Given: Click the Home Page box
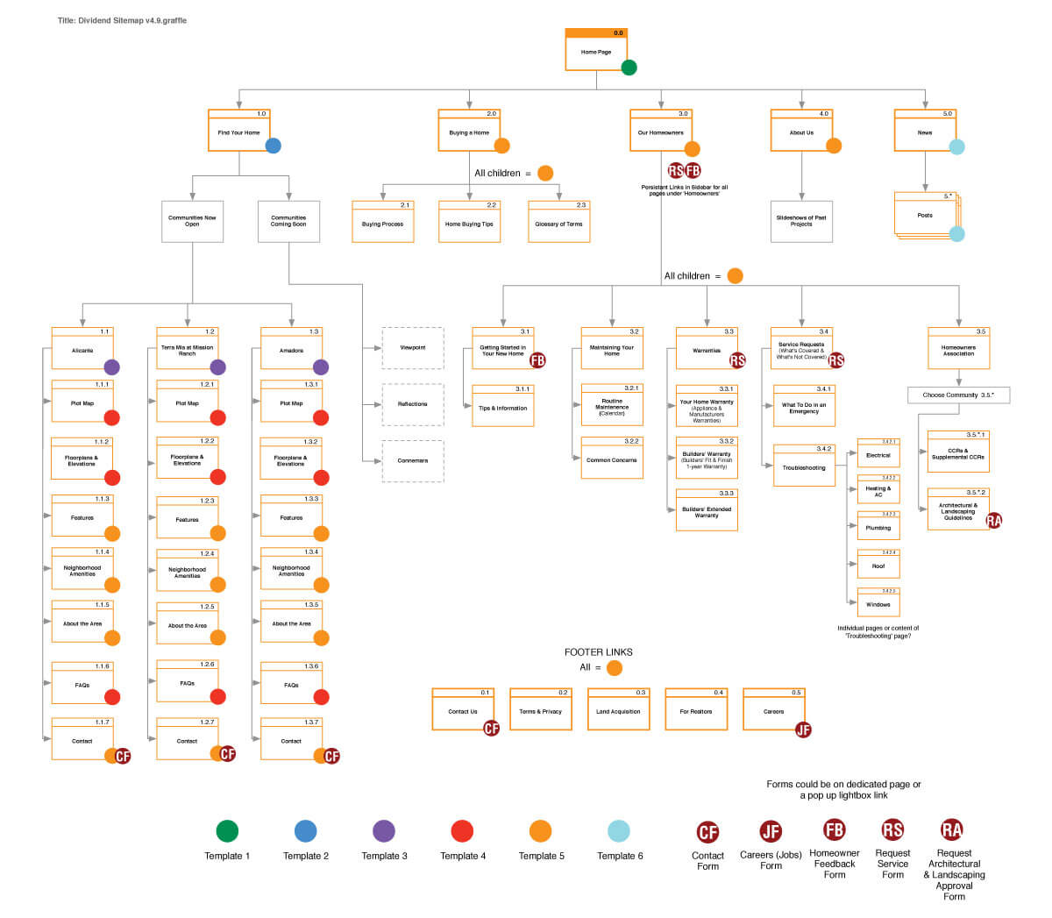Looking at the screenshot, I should [x=596, y=51].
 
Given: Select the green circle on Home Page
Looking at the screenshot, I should [x=629, y=68].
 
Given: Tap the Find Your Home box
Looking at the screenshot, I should [x=238, y=132].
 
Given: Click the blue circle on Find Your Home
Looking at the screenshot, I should [x=274, y=146].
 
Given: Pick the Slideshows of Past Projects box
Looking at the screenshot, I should [x=801, y=221].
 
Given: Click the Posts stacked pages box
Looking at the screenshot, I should [x=925, y=215].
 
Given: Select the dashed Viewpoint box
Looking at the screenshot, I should [x=413, y=348].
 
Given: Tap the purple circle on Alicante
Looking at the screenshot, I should [x=112, y=367].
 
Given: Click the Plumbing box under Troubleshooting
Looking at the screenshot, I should [x=878, y=526].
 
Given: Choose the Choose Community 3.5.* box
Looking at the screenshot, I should [x=958, y=395].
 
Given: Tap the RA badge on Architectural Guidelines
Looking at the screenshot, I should [x=993, y=521].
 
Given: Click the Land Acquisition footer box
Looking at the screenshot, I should [x=618, y=710].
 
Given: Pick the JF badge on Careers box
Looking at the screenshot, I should [x=803, y=729].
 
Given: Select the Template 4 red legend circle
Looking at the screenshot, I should [x=462, y=831].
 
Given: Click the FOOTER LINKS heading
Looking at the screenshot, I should [x=598, y=652].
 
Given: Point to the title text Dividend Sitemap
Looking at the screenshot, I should [x=122, y=20].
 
